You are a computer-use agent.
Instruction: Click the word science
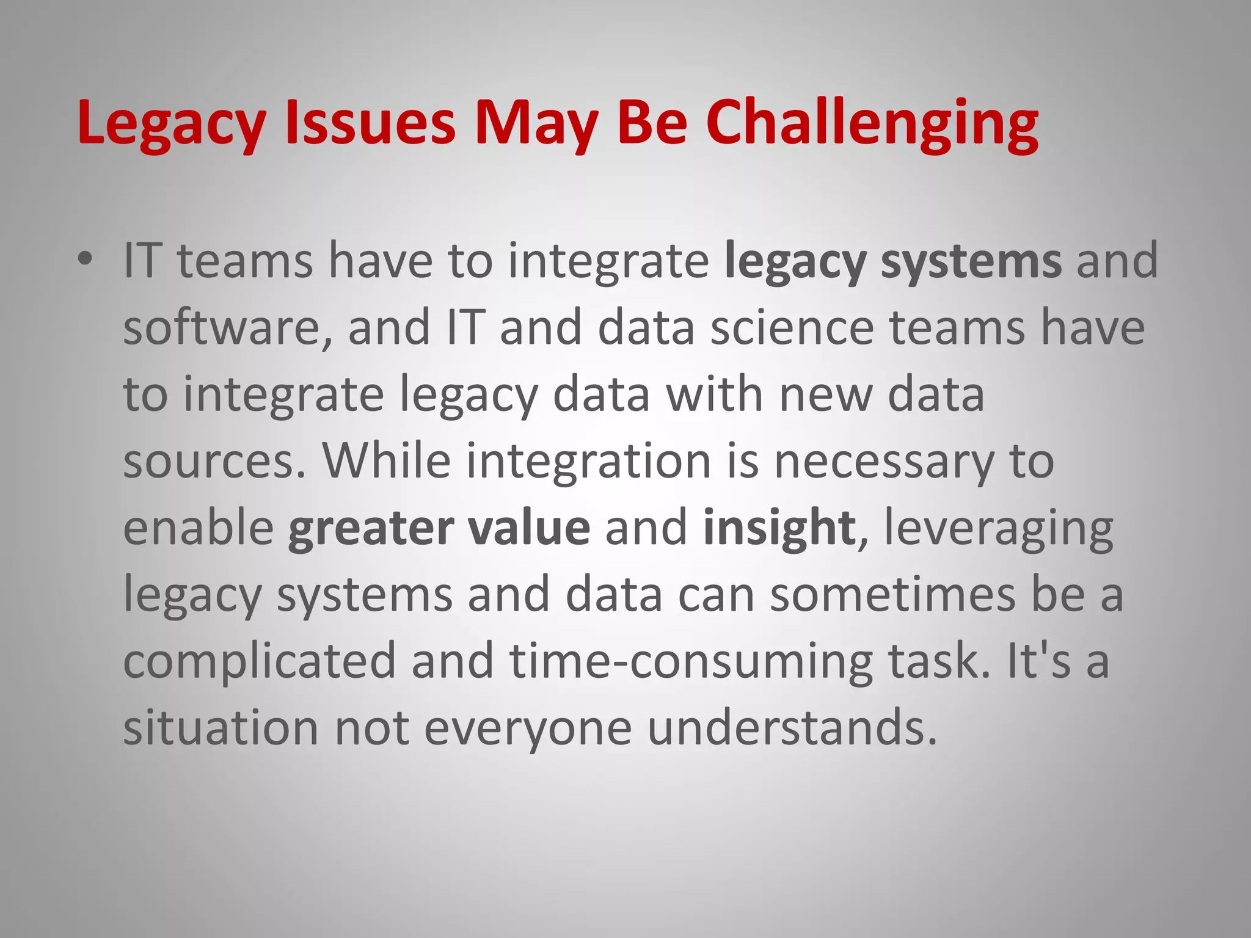792,328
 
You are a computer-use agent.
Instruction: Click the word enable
199,528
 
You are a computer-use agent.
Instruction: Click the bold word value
529,528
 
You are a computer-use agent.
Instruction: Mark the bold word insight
779,528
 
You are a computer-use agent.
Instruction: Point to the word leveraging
998,528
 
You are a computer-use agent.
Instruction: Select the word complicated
260,661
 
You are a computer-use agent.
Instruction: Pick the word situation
221,728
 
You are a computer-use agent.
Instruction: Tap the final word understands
792,728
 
